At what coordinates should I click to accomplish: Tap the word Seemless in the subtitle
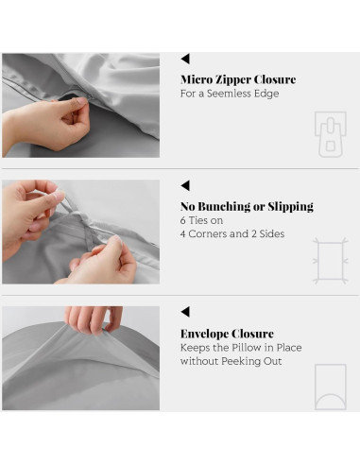(x=231, y=94)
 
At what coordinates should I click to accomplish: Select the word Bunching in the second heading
(x=223, y=207)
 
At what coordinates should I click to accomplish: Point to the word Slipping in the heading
(x=291, y=207)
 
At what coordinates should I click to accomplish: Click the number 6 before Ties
(x=183, y=220)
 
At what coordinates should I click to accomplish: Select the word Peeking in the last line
(x=241, y=361)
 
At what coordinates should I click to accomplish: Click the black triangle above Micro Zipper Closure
(x=185, y=59)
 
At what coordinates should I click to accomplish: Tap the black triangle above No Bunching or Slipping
(x=185, y=185)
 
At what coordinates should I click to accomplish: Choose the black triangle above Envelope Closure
(x=185, y=312)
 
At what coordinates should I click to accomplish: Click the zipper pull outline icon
(x=331, y=134)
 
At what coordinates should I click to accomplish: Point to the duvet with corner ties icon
(x=331, y=261)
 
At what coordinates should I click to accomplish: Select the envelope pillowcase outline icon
(x=331, y=387)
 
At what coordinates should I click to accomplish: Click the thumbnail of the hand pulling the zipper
(x=81, y=105)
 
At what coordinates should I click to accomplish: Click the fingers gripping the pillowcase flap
(x=94, y=319)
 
